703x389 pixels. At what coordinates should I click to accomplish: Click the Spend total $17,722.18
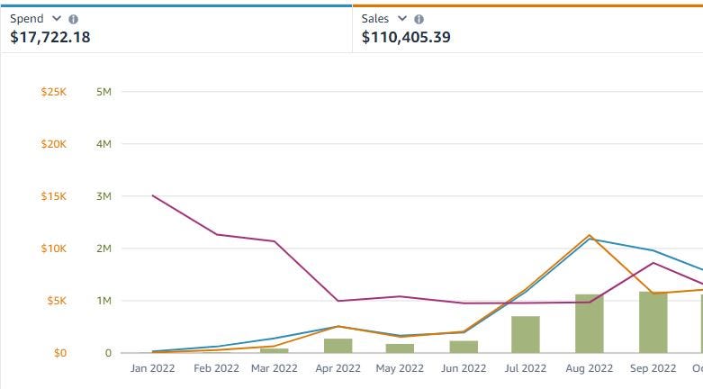pos(50,37)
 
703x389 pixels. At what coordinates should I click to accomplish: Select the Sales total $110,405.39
pos(406,37)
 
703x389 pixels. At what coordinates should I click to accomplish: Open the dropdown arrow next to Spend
pos(57,18)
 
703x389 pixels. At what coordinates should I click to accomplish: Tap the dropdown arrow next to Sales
pos(402,18)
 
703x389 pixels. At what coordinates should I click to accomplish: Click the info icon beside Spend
pos(74,19)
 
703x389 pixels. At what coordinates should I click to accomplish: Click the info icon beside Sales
pos(419,19)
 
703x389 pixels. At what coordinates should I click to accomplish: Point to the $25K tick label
pos(54,92)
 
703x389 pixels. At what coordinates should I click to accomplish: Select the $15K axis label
pos(54,196)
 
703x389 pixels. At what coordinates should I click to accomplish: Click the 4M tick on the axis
pos(104,144)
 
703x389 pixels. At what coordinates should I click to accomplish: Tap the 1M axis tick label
pos(104,301)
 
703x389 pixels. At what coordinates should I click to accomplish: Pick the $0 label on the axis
pos(60,353)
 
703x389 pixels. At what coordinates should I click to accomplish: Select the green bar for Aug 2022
pos(589,323)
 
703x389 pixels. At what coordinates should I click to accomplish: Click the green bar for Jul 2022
pos(526,335)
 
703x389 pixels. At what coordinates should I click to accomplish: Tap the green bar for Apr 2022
pos(338,346)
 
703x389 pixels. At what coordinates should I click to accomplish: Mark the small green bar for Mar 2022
pos(275,351)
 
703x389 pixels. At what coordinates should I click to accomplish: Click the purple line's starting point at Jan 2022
pos(152,195)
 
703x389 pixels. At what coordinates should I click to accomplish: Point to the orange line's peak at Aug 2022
pos(590,235)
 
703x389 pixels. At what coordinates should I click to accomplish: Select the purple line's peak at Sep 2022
pos(653,263)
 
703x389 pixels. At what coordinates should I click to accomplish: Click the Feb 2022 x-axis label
pos(216,368)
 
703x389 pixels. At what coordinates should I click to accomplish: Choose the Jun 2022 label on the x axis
pos(464,368)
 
